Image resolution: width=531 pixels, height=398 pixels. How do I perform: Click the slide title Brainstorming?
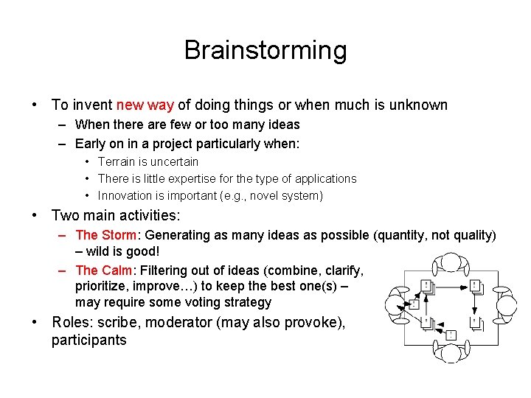(x=265, y=50)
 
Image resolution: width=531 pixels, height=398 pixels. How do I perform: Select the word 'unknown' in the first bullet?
(x=420, y=105)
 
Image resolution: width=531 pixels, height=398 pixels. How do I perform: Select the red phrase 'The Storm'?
(x=106, y=235)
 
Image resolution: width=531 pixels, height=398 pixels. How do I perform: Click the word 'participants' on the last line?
(x=88, y=340)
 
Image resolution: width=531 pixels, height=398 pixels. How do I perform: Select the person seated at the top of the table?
(x=450, y=264)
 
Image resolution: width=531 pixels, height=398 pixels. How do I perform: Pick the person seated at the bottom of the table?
(x=450, y=352)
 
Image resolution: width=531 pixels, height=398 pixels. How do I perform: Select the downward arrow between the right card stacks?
(x=476, y=305)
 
